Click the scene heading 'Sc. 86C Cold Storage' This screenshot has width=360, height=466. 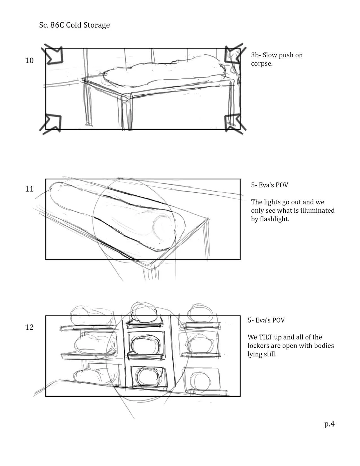[74, 25]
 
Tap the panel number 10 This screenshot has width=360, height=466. [29, 60]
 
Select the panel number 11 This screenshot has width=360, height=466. [29, 189]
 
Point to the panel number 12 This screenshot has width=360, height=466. [29, 327]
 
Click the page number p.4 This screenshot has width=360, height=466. [329, 424]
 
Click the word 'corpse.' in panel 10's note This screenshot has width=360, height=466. [262, 64]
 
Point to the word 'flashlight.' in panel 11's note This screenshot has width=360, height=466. [270, 219]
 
